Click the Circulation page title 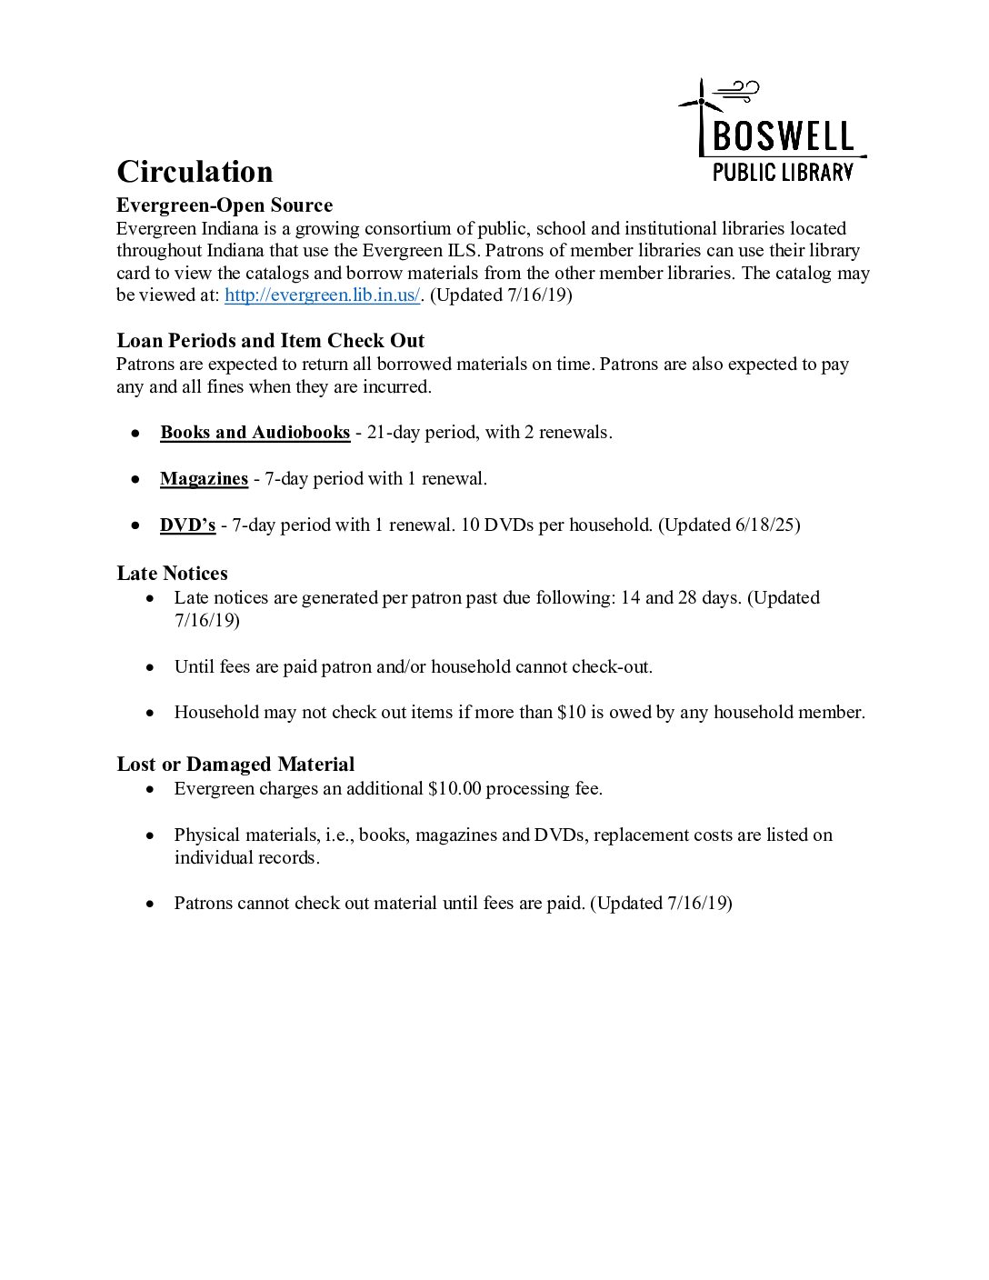195,172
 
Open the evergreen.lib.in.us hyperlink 322,295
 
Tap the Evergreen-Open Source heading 225,205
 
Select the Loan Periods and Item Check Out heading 270,341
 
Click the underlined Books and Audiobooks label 255,433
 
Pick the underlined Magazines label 204,479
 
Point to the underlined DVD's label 187,525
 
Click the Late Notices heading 172,574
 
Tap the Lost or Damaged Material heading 235,765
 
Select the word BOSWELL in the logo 784,137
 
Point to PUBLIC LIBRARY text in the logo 783,172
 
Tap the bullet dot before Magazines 135,479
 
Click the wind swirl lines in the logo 737,91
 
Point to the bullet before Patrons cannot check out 150,904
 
